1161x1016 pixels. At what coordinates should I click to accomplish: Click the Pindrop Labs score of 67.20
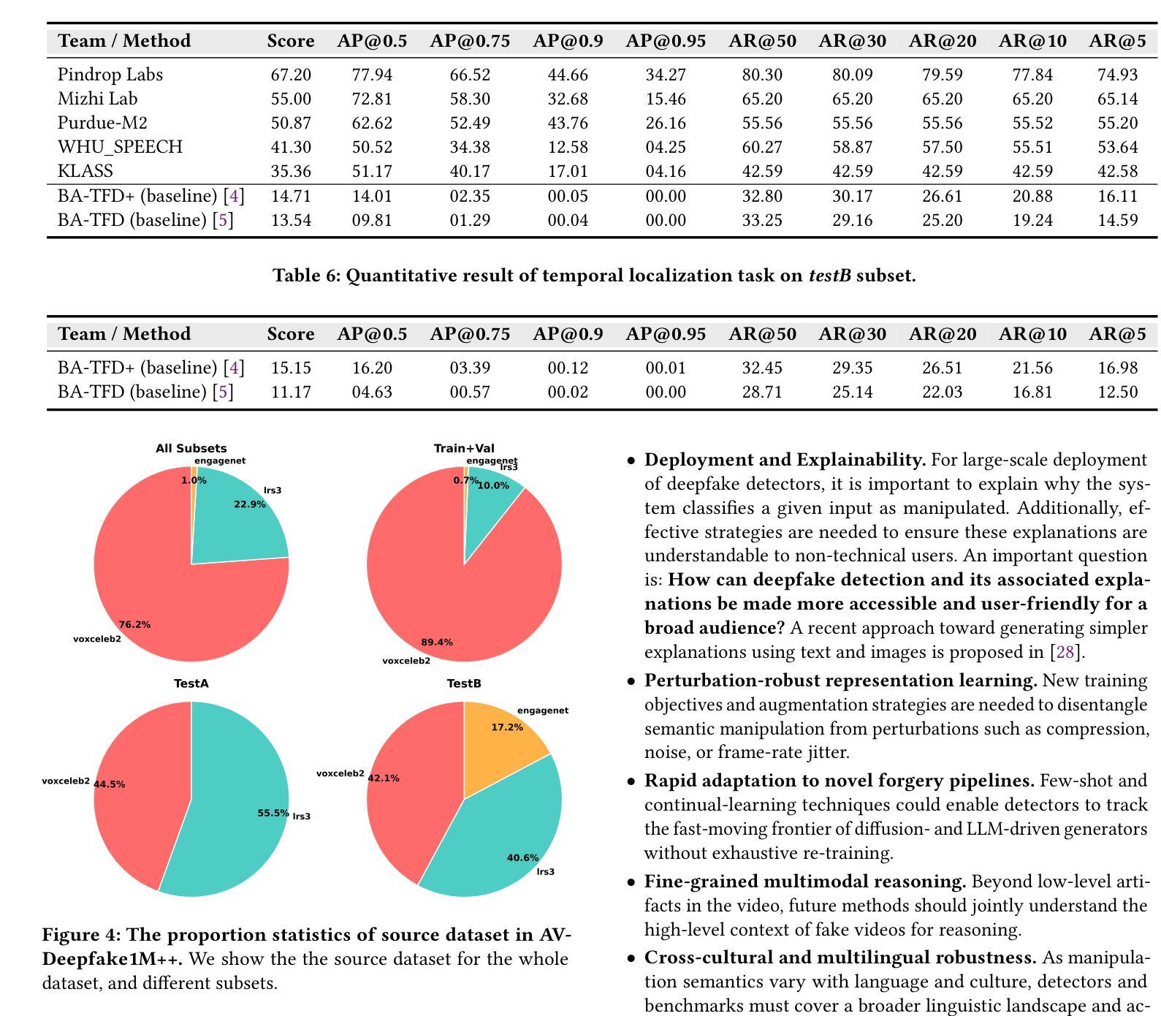tap(291, 75)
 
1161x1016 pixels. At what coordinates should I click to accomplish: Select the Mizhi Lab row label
tap(97, 99)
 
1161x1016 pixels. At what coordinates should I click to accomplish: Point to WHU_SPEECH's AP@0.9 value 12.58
tap(568, 147)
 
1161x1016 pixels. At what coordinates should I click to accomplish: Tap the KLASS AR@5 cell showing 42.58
tap(1117, 171)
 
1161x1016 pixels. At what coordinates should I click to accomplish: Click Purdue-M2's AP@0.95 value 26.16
tap(666, 123)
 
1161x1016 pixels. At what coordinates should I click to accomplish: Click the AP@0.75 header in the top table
tap(470, 41)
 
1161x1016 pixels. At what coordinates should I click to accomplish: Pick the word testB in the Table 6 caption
tap(830, 276)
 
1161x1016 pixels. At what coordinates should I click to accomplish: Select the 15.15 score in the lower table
tap(291, 368)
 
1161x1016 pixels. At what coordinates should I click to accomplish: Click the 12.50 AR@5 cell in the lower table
tap(1117, 392)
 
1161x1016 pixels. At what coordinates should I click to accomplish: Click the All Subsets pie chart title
tap(191, 448)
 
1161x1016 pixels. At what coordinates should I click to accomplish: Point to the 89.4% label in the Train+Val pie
tap(437, 642)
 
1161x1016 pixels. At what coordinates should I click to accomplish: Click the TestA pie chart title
tap(191, 683)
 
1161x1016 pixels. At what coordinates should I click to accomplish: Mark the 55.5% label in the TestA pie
tap(273, 813)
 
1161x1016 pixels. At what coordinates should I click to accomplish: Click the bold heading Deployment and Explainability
tap(785, 460)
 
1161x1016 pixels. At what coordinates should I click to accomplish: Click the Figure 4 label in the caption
tap(82, 935)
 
